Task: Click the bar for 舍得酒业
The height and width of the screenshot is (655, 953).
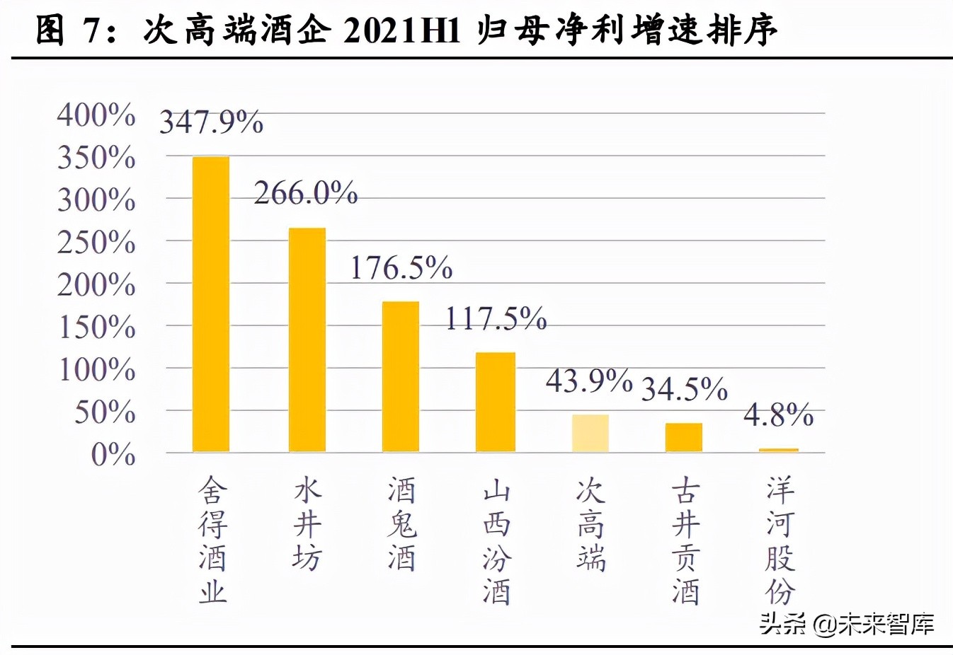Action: click(211, 304)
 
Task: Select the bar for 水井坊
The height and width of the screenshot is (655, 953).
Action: click(307, 340)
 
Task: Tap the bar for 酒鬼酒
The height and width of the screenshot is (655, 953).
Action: click(401, 376)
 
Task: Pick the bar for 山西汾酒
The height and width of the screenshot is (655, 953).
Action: click(496, 402)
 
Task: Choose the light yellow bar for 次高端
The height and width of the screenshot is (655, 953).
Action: click(590, 433)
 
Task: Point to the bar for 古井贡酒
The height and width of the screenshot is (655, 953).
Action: click(684, 437)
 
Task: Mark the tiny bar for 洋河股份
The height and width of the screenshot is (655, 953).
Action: click(778, 450)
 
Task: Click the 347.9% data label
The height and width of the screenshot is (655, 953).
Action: click(211, 122)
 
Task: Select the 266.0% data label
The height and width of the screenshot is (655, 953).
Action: click(306, 193)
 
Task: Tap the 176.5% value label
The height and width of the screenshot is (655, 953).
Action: click(401, 268)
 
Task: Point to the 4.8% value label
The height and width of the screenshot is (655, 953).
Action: click(778, 415)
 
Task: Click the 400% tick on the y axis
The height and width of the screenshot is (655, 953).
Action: click(96, 115)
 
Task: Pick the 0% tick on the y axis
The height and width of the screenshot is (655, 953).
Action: click(113, 454)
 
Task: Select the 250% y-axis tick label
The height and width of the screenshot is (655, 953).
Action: click(96, 243)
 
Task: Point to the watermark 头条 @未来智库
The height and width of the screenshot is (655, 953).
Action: click(847, 623)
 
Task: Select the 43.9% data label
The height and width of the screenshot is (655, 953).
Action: click(588, 381)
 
